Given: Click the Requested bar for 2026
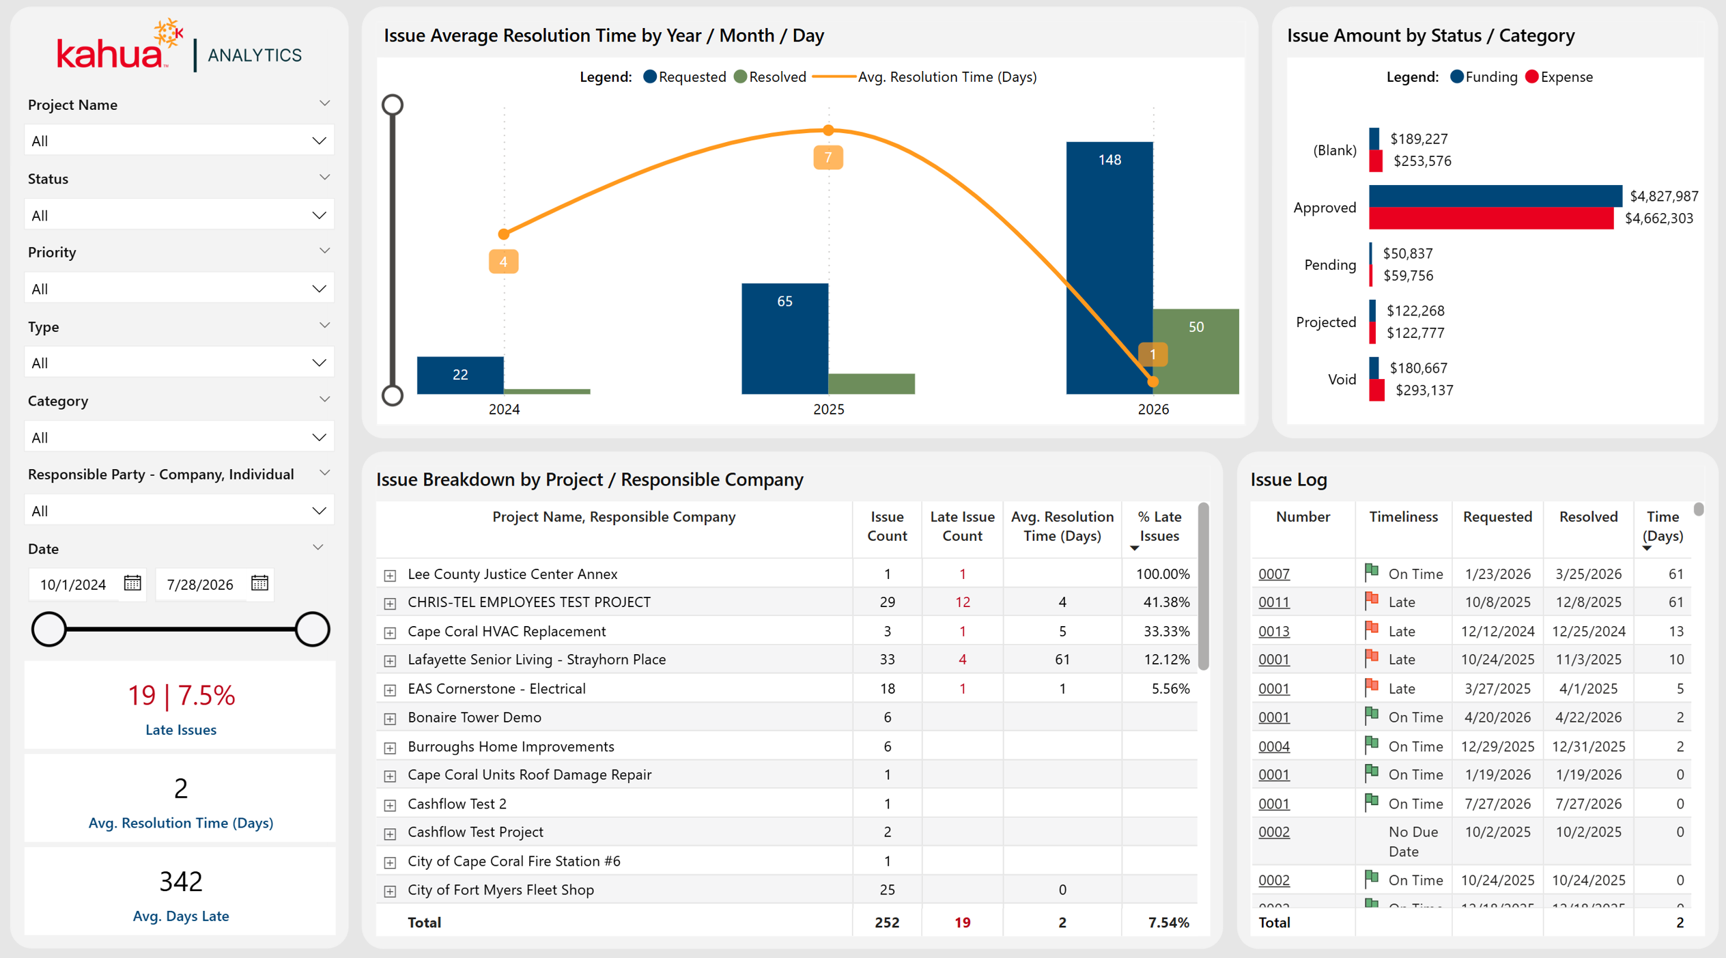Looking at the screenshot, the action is click(1109, 268).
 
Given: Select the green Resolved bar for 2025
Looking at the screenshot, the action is click(871, 384).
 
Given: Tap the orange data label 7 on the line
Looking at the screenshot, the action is click(827, 158).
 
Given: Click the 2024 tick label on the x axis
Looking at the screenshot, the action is click(504, 409).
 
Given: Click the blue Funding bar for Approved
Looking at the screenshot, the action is click(1495, 196).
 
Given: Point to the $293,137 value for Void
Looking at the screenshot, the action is click(1424, 390).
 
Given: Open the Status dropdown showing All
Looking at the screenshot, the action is click(179, 215).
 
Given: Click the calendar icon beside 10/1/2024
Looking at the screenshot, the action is click(132, 583).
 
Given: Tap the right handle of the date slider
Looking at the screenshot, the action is click(312, 629).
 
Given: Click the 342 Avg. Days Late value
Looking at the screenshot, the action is click(181, 881).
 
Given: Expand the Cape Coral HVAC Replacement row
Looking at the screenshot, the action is click(390, 632).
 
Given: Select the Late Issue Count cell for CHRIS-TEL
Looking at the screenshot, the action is click(962, 602).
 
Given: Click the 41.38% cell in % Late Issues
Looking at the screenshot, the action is click(1166, 602).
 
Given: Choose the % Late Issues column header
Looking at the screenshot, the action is click(1159, 526).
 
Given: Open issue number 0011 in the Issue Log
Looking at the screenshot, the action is click(1274, 602).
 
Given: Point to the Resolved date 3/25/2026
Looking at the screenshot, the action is click(1588, 574).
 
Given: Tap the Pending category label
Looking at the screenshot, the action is click(1330, 265).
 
